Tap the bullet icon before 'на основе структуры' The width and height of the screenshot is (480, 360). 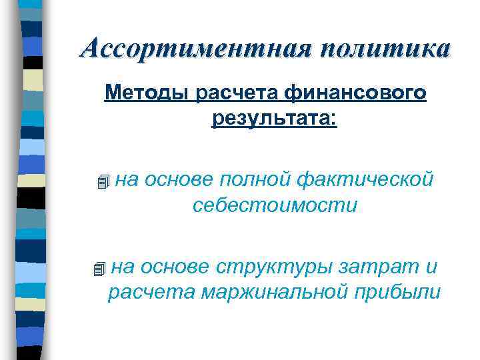100,269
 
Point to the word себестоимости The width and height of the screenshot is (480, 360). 275,205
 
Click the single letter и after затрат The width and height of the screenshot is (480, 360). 430,267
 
